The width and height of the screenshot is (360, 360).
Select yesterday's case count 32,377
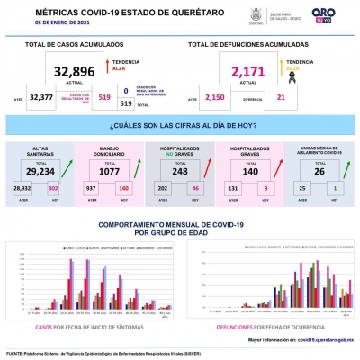41,96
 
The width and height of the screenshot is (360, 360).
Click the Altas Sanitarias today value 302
52,187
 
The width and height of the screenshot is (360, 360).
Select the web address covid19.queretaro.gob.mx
319,341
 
